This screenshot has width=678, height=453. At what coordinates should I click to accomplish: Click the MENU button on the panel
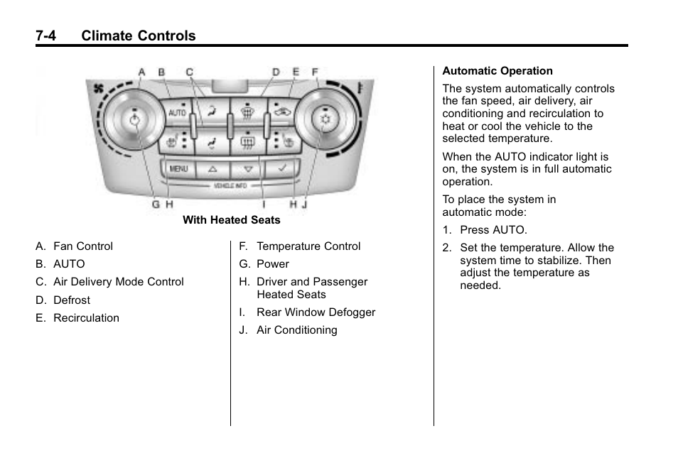178,169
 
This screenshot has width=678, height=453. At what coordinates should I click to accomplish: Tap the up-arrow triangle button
212,170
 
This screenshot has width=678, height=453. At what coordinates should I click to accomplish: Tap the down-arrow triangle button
247,170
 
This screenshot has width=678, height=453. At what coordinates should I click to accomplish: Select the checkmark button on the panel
282,169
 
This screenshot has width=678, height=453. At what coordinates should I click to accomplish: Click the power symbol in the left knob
135,120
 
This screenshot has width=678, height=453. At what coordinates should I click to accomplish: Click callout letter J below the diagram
305,204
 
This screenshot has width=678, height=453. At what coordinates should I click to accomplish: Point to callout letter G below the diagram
155,204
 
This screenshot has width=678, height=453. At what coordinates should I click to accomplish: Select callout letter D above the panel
276,72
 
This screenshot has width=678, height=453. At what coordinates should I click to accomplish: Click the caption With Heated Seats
231,220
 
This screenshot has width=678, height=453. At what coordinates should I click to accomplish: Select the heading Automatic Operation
497,71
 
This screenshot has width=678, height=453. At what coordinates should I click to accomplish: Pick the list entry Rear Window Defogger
316,312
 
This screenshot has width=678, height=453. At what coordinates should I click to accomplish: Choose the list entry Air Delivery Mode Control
118,282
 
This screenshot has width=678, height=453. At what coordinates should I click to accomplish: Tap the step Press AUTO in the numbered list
493,230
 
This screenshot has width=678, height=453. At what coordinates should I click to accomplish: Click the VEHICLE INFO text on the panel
230,185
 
